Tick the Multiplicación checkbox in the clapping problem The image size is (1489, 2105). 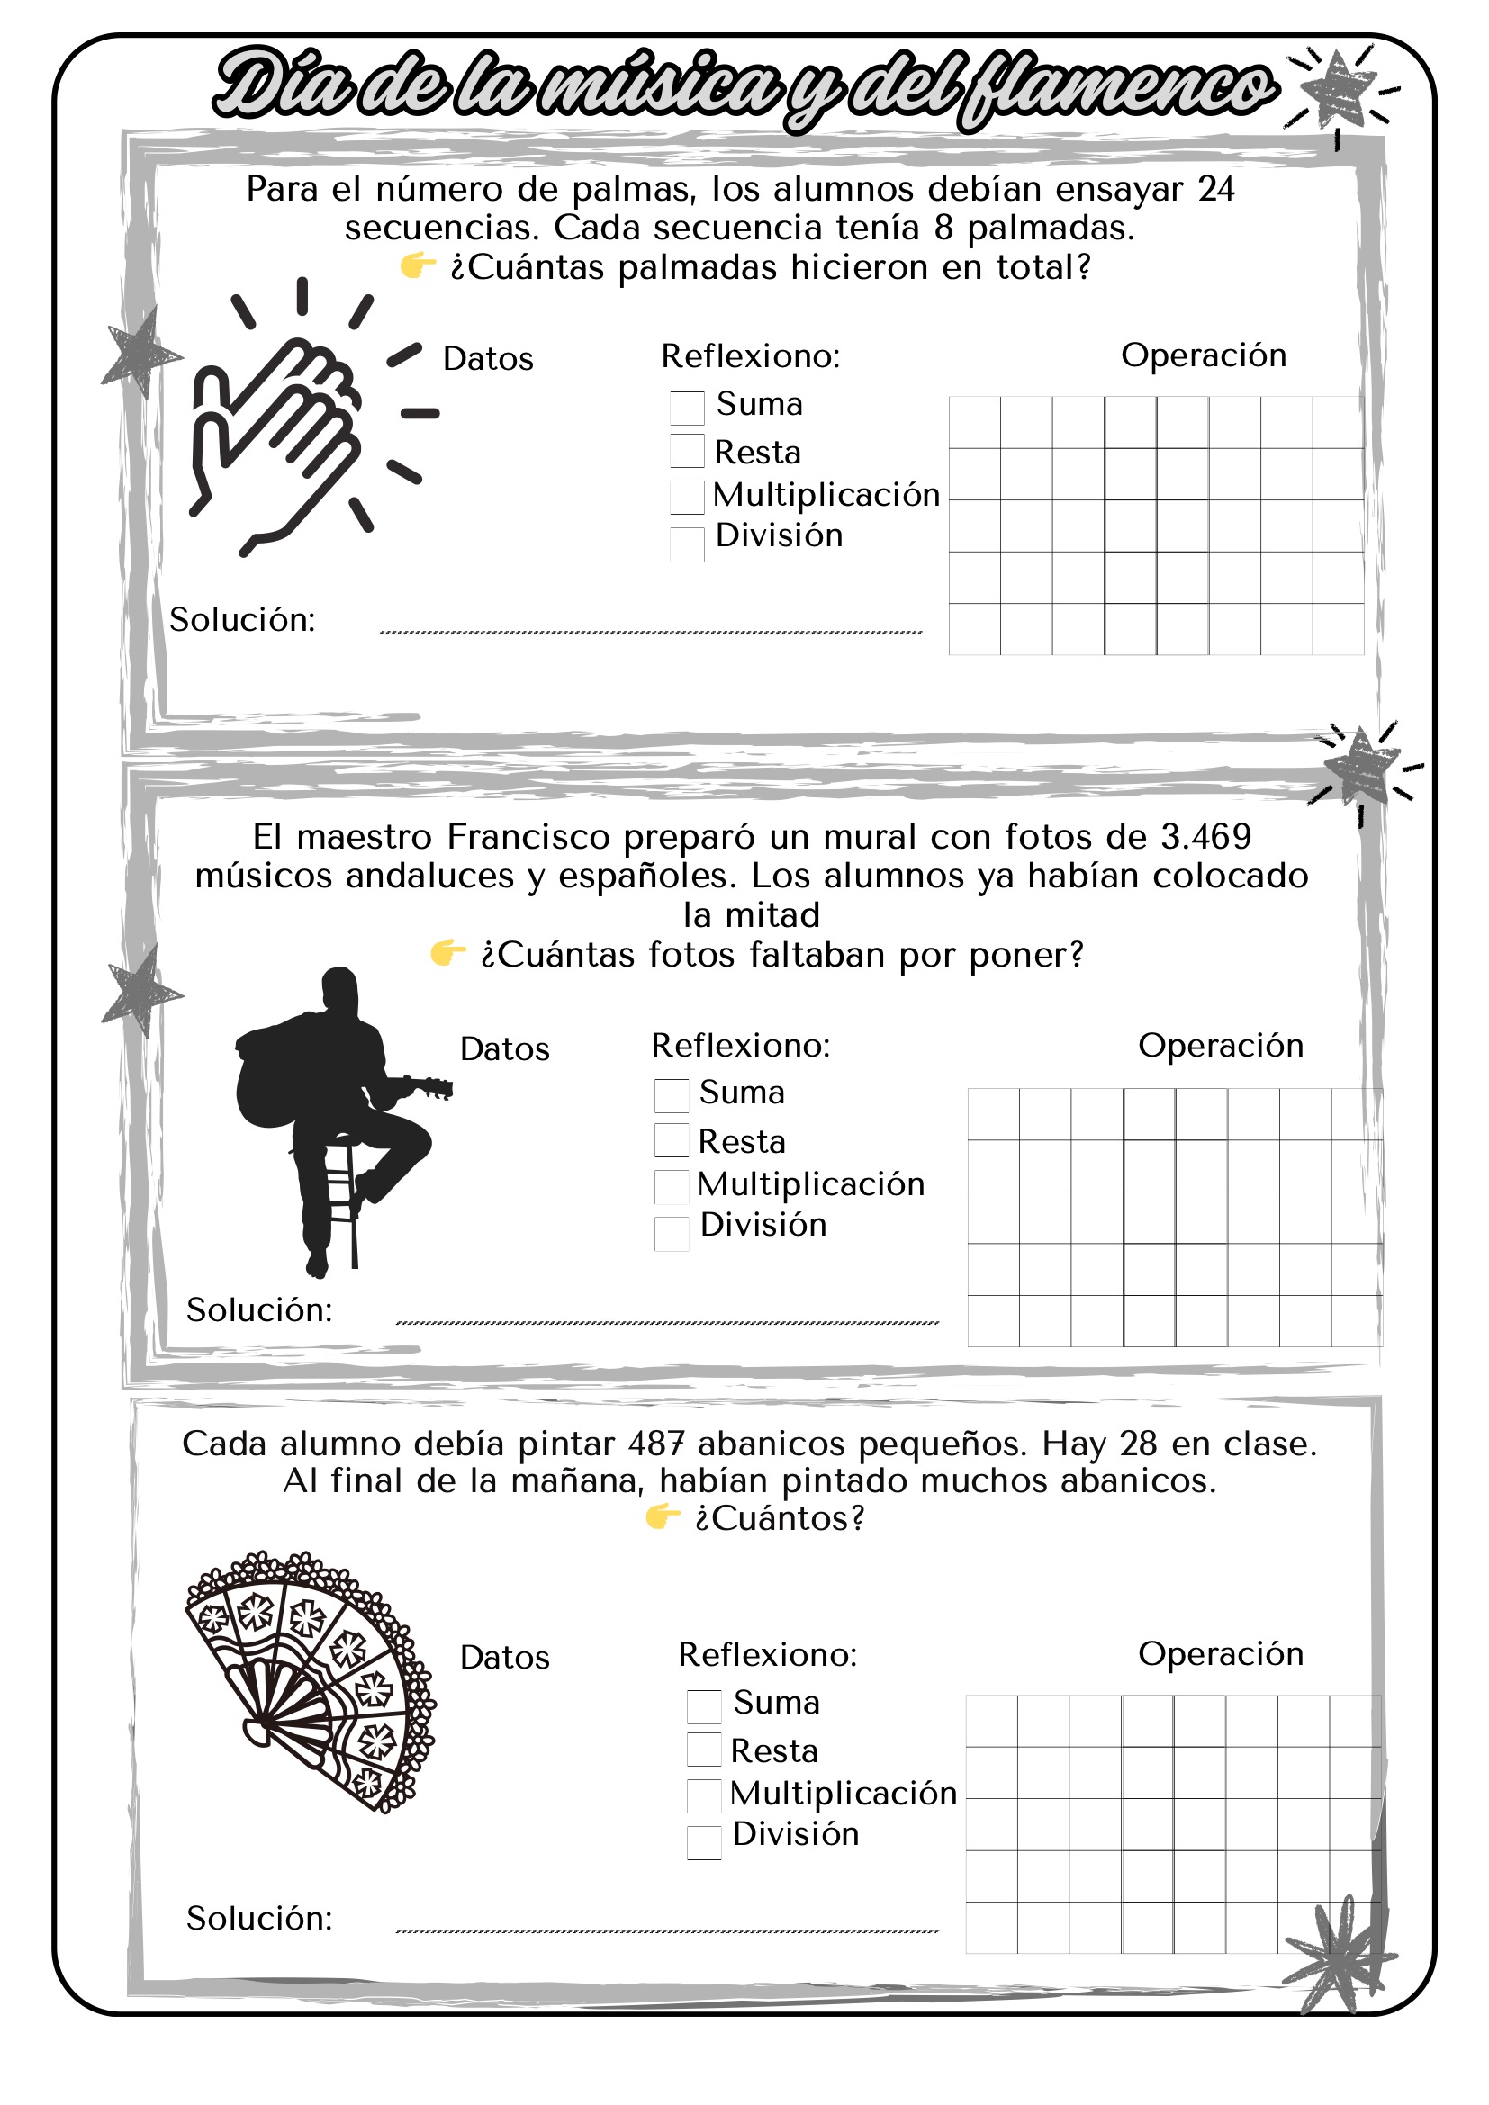pyautogui.click(x=687, y=497)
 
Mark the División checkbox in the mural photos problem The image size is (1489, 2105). pyautogui.click(x=672, y=1233)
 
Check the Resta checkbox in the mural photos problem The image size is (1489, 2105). pyautogui.click(x=672, y=1140)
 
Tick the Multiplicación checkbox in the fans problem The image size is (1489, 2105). pyautogui.click(x=703, y=1796)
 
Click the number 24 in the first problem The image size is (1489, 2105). pyautogui.click(x=1215, y=190)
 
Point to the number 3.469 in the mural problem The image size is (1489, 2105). pyautogui.click(x=1205, y=837)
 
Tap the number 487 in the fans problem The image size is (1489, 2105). pyautogui.click(x=656, y=1444)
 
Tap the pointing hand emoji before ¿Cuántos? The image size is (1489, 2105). pyautogui.click(x=662, y=1517)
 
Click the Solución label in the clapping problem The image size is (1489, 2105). pyautogui.click(x=242, y=621)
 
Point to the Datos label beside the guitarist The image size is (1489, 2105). pyautogui.click(x=504, y=1048)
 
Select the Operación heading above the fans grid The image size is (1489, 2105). pyautogui.click(x=1221, y=1654)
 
